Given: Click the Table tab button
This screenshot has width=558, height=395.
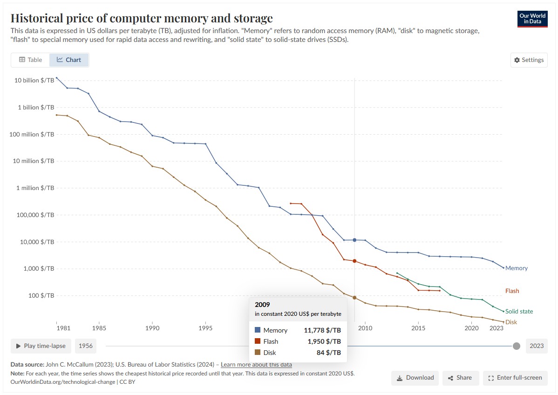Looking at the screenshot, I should pyautogui.click(x=30, y=60).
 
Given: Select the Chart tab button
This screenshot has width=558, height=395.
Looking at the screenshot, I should pyautogui.click(x=69, y=60).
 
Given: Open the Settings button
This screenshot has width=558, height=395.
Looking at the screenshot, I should pyautogui.click(x=529, y=60).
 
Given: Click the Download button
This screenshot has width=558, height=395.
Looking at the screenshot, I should pyautogui.click(x=415, y=378).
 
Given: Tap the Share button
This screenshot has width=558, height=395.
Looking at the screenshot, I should pyautogui.click(x=460, y=378).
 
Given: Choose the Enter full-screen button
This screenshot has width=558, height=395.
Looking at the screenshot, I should pyautogui.click(x=515, y=378).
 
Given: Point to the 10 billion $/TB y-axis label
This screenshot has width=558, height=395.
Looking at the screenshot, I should pyautogui.click(x=34, y=81).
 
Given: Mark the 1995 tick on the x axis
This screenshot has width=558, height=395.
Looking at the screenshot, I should pyautogui.click(x=205, y=328).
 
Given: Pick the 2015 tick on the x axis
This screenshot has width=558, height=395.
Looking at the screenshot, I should pyautogui.click(x=418, y=328).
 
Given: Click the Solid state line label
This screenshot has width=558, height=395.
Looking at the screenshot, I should pyautogui.click(x=519, y=311).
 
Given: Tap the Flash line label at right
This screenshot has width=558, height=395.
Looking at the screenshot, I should pyautogui.click(x=512, y=291).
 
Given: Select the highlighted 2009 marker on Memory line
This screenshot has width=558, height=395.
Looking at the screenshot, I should pyautogui.click(x=354, y=240).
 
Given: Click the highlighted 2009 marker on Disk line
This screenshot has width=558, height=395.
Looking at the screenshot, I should pyautogui.click(x=354, y=298).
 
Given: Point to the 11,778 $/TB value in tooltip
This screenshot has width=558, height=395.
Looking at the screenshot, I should pyautogui.click(x=322, y=330).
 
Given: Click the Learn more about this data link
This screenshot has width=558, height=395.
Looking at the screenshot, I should pyautogui.click(x=256, y=364).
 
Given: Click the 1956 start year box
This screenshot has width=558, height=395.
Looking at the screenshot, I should pyautogui.click(x=85, y=346).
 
